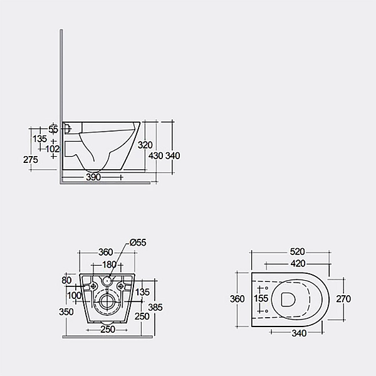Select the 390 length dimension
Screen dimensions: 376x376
pyautogui.click(x=93, y=177)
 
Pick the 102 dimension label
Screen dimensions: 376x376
pyautogui.click(x=53, y=149)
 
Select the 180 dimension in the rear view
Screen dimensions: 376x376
pyautogui.click(x=109, y=264)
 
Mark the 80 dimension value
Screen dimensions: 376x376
pyautogui.click(x=67, y=280)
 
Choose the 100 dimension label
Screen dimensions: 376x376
pyautogui.click(x=74, y=295)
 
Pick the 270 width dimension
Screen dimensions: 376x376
pyautogui.click(x=343, y=299)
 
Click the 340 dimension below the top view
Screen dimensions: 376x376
pyautogui.click(x=299, y=333)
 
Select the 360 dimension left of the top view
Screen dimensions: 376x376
pyautogui.click(x=237, y=299)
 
